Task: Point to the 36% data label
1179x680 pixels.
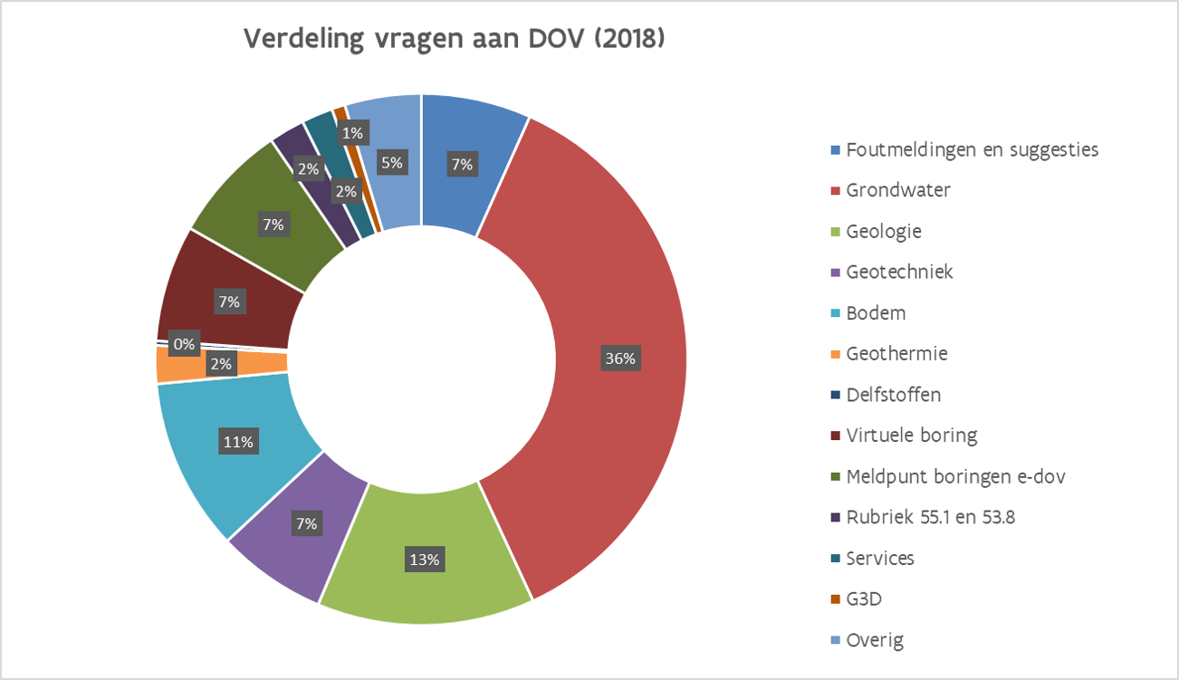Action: pos(621,359)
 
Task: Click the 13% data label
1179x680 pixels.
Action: pos(424,560)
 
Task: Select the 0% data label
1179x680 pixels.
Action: pos(185,344)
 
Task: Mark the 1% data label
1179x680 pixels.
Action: pos(352,133)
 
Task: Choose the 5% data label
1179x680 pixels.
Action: pos(392,163)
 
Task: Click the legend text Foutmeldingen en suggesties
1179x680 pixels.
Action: pos(972,149)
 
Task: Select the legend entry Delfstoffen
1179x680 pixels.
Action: pos(893,395)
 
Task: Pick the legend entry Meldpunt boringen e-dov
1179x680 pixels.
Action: pos(955,476)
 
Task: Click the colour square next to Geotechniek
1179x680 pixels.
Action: pos(835,273)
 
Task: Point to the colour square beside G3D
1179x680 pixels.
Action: pos(835,600)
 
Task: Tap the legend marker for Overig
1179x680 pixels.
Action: pos(835,641)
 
